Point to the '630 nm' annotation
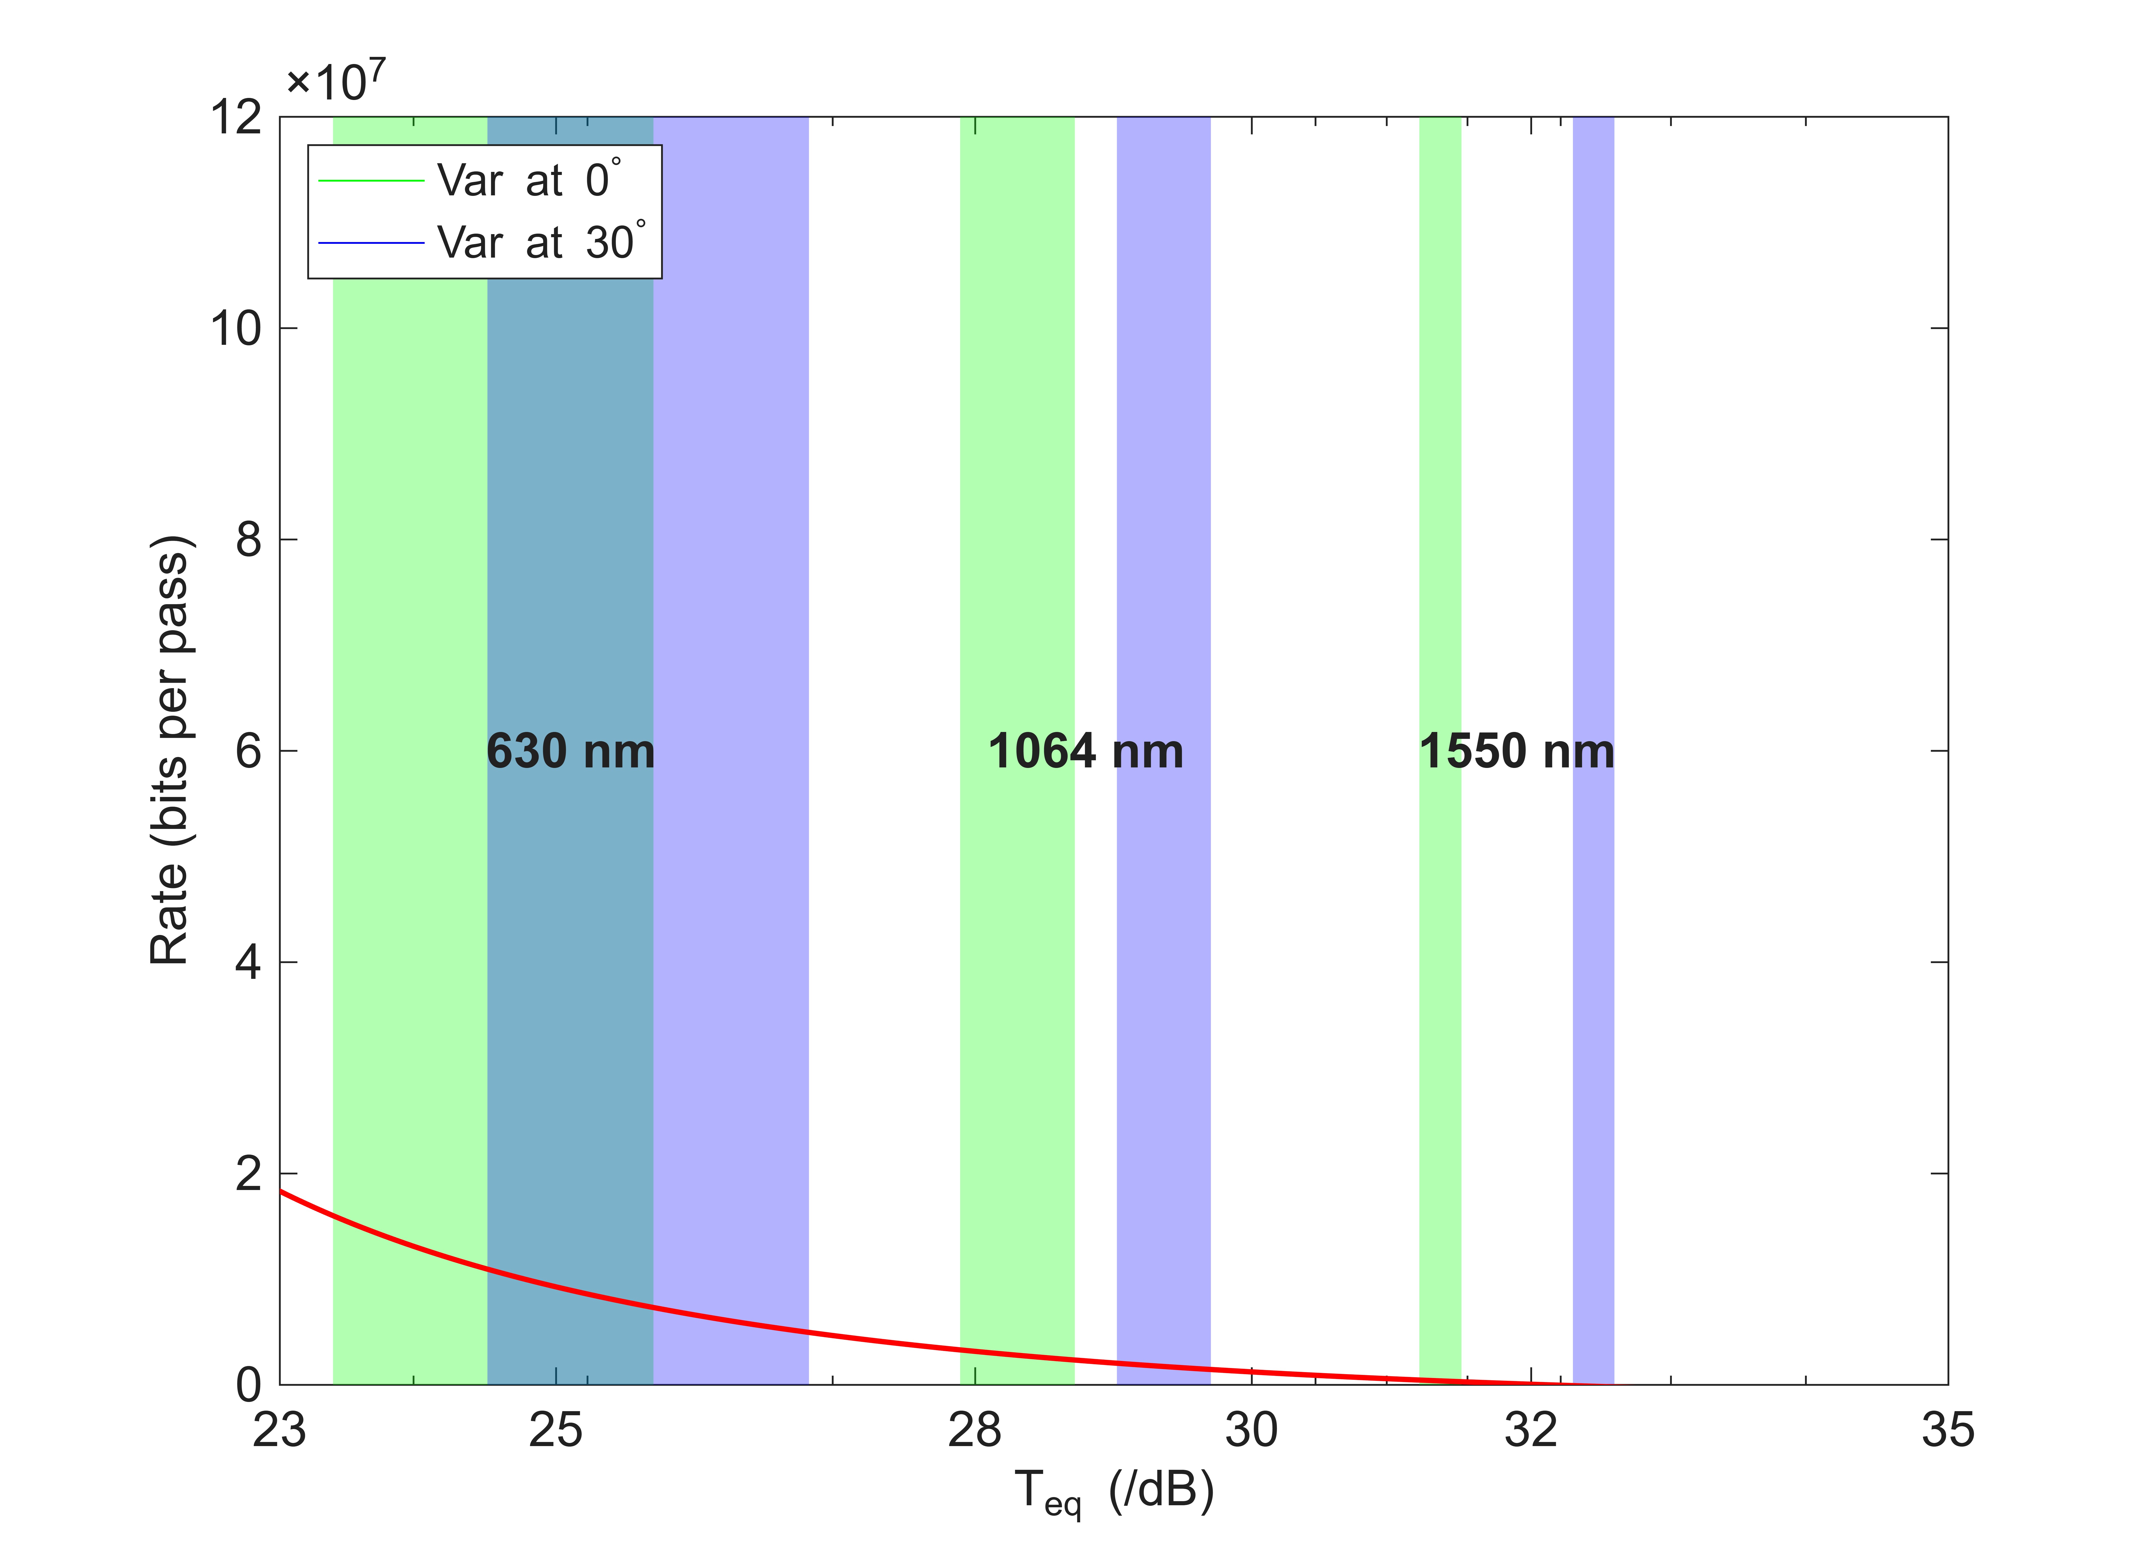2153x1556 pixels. pos(571,751)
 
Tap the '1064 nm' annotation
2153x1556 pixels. pos(1086,751)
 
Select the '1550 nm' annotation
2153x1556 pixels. pos(1517,751)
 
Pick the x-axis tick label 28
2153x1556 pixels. pos(975,1430)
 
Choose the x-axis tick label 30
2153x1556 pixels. pos(1251,1430)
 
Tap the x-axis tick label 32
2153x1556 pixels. pos(1531,1430)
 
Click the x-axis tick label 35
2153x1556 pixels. pos(1948,1430)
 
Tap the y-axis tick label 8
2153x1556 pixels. pos(249,539)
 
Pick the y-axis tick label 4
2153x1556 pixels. pos(249,962)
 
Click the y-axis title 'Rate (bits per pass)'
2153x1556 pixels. pos(172,750)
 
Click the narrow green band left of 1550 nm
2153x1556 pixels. pos(1440,750)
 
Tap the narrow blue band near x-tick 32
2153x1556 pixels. pos(1594,750)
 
